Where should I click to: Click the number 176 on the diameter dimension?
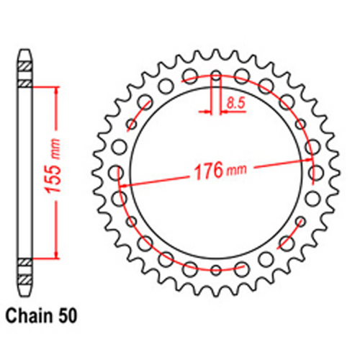click(207, 173)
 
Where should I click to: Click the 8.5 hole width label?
click(235, 104)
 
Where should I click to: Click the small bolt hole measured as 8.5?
click(216, 75)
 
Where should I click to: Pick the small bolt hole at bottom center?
click(216, 270)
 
